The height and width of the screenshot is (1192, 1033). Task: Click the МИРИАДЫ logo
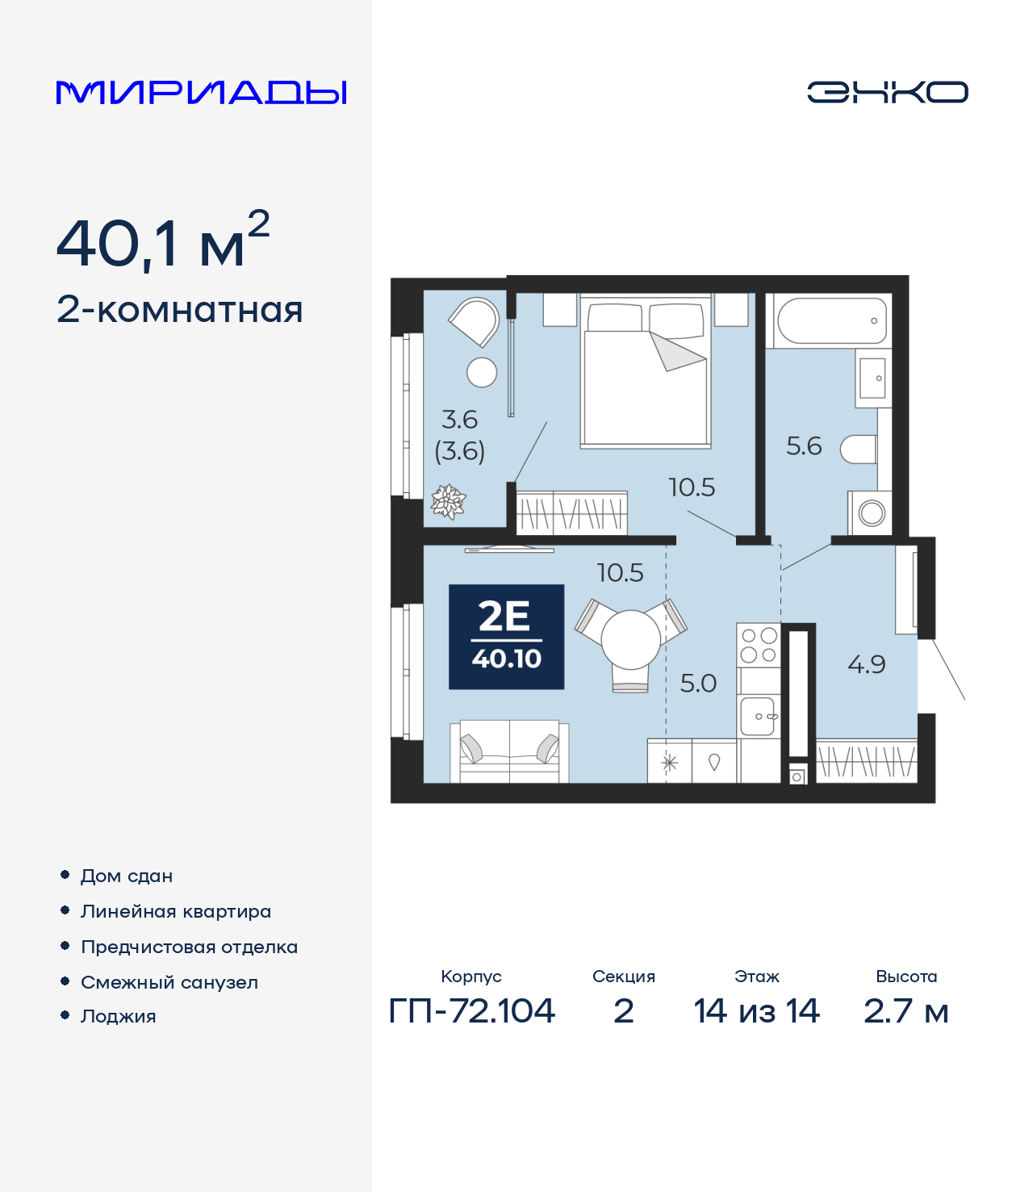point(201,93)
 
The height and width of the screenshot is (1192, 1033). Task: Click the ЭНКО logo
point(887,92)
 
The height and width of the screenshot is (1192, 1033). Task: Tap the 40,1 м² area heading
point(162,242)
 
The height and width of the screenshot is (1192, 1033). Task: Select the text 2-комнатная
point(179,310)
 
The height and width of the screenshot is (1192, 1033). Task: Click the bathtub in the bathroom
point(831,320)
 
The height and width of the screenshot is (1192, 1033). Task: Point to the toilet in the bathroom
point(859,450)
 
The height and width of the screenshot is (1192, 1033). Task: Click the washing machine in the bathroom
point(870,512)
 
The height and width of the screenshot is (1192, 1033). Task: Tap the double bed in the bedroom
point(646,373)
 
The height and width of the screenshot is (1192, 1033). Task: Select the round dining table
point(630,639)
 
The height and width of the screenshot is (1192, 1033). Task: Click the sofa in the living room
point(509,751)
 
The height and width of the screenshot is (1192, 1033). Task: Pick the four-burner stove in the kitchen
point(759,645)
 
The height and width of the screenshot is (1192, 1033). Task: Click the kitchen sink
point(758,716)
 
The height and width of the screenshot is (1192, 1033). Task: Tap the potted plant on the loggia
point(448,501)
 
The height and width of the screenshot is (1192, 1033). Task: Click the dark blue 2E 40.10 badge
point(506,637)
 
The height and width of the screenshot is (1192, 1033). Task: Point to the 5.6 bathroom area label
point(804,446)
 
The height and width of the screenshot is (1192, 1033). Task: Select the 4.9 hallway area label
point(866,664)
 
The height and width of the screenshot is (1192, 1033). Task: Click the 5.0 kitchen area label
point(698,684)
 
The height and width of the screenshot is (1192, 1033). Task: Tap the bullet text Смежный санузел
point(169,982)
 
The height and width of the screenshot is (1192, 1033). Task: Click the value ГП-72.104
point(472,1010)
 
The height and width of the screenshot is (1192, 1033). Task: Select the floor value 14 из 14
point(756,1010)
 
